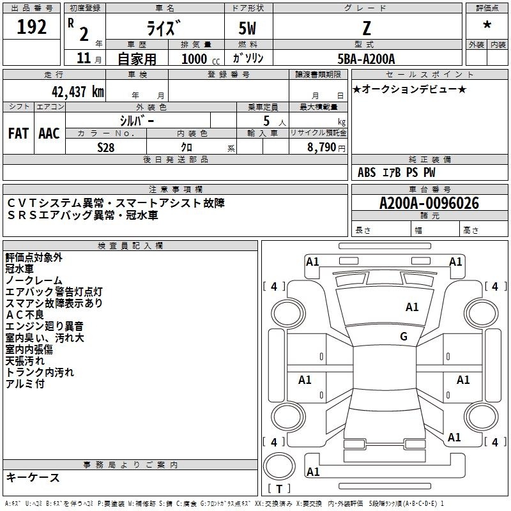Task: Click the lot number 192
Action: coord(31,27)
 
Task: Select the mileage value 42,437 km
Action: coord(78,91)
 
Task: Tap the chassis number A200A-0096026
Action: coord(429,203)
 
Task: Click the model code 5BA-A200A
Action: coord(366,59)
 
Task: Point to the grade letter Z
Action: coord(367,28)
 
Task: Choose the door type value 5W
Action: coord(247,28)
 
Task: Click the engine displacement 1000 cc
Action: coord(201,59)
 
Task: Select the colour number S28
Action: coord(106,148)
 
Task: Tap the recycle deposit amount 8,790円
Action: coord(326,148)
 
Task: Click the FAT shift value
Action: coord(19,133)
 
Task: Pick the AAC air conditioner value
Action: coord(49,133)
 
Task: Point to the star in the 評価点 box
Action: coord(487,24)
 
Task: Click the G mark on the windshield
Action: coord(404,336)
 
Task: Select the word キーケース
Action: coord(33,477)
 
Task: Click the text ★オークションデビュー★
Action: coord(409,89)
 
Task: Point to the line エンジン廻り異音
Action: coord(45,326)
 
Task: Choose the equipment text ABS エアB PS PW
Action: coord(396,172)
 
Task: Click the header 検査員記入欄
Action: coord(130,246)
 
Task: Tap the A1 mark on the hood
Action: coord(412,307)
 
